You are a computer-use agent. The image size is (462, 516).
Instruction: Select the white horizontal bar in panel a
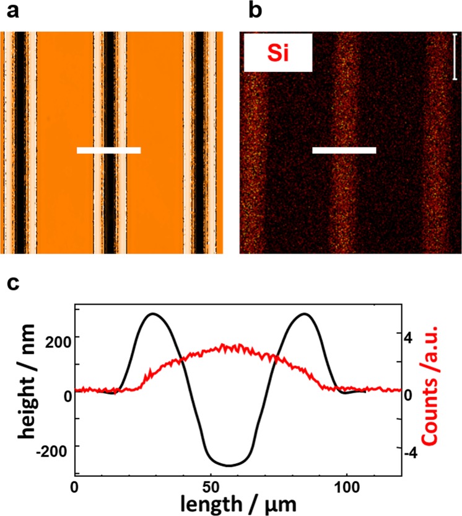click(x=108, y=150)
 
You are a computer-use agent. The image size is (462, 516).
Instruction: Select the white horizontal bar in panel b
click(x=344, y=150)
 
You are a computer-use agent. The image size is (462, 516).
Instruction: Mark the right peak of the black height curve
click(x=304, y=314)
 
